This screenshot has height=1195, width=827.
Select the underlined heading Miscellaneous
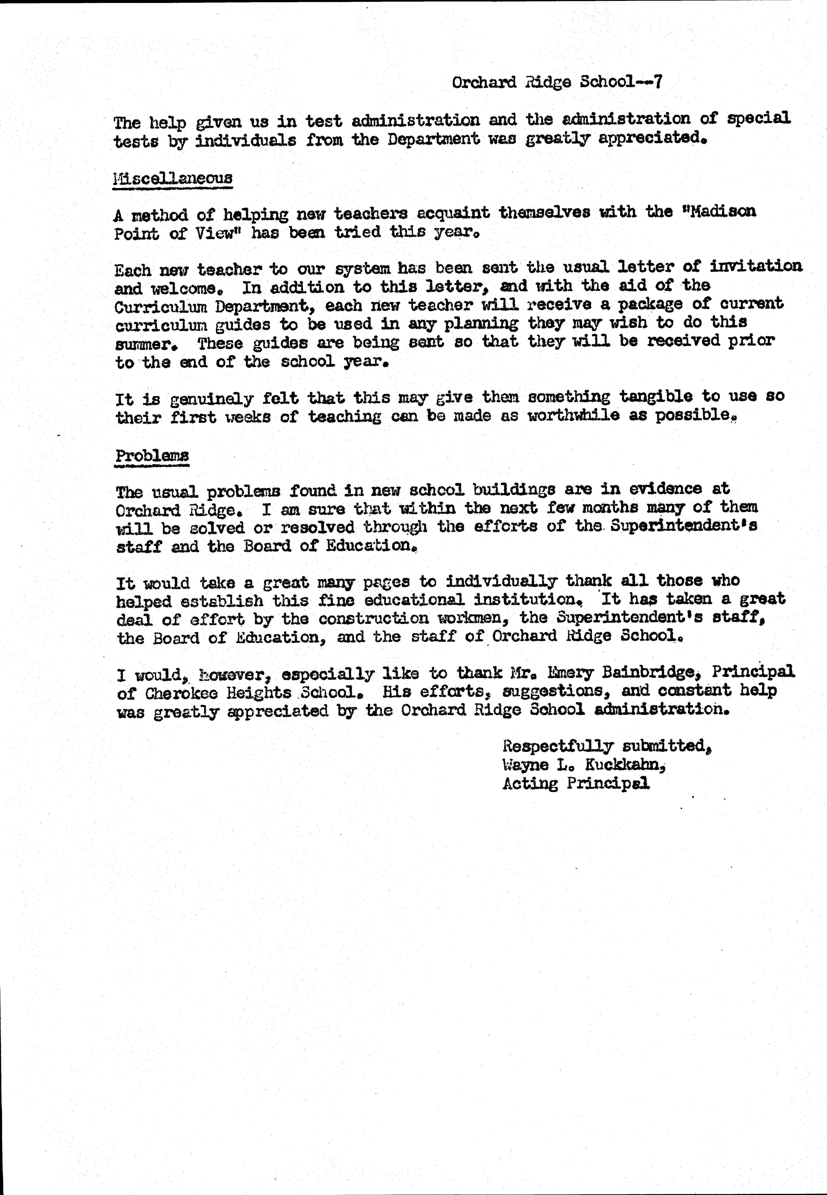(x=173, y=178)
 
